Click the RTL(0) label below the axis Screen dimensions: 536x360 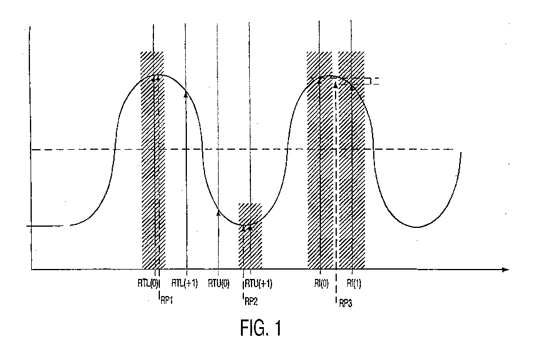(x=148, y=283)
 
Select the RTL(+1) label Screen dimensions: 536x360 (x=185, y=283)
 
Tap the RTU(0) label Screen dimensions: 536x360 (x=219, y=284)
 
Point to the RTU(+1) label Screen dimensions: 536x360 (x=259, y=284)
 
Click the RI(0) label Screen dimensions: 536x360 (x=321, y=284)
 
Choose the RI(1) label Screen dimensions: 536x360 (x=354, y=284)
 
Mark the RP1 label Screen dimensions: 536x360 (x=166, y=301)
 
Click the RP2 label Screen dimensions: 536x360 (x=252, y=301)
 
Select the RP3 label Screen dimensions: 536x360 (x=346, y=303)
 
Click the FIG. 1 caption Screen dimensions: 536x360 (x=261, y=328)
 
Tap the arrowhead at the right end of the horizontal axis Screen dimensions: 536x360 (x=505, y=270)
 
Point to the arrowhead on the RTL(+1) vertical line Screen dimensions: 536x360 (x=186, y=95)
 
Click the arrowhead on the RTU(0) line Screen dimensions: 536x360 (x=219, y=213)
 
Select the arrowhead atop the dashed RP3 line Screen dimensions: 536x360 (x=336, y=85)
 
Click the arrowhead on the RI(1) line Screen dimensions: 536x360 (x=351, y=88)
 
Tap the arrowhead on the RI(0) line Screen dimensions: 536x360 (x=320, y=80)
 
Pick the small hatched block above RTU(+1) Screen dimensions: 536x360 (x=250, y=236)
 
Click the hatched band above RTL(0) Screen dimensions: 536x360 (x=153, y=160)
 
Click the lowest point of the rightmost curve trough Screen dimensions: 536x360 (x=417, y=227)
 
